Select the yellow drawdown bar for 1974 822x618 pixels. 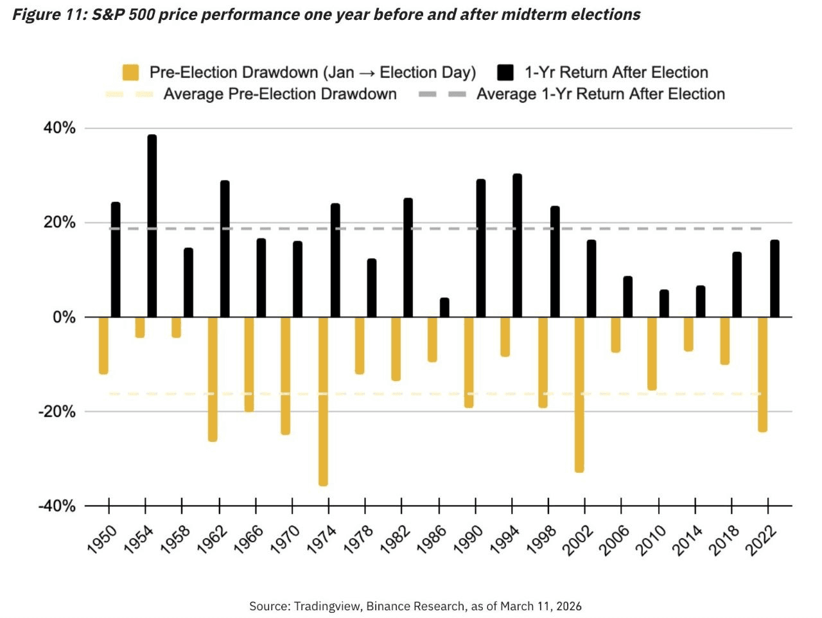coord(323,401)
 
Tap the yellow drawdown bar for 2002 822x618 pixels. coord(579,394)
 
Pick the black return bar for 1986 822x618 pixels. coord(444,308)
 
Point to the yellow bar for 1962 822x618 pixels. coord(213,379)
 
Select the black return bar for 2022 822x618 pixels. coord(774,279)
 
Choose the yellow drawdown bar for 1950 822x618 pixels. coord(103,346)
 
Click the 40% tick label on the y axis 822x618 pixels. coord(60,128)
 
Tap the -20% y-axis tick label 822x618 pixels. coord(57,412)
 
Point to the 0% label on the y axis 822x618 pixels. coord(64,317)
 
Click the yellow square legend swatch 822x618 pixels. coord(130,73)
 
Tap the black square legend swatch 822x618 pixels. coord(505,73)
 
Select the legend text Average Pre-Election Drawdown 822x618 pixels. coord(280,94)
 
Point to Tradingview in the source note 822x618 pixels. coord(327,606)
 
